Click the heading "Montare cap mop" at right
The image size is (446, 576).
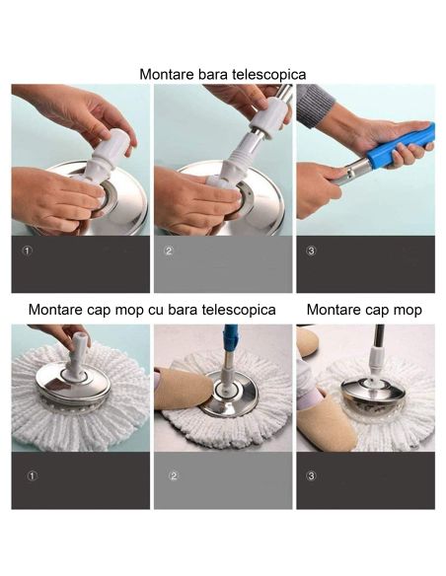(x=364, y=310)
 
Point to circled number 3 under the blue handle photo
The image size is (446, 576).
(x=311, y=251)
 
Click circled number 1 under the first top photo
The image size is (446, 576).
(x=27, y=251)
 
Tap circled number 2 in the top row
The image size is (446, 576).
(x=169, y=251)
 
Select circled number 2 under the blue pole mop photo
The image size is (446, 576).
(x=174, y=476)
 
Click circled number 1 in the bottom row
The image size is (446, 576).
(x=32, y=476)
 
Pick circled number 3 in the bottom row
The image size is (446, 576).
(x=312, y=476)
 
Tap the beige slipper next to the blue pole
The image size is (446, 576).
(x=183, y=388)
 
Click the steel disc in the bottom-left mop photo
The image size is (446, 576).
(x=71, y=389)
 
